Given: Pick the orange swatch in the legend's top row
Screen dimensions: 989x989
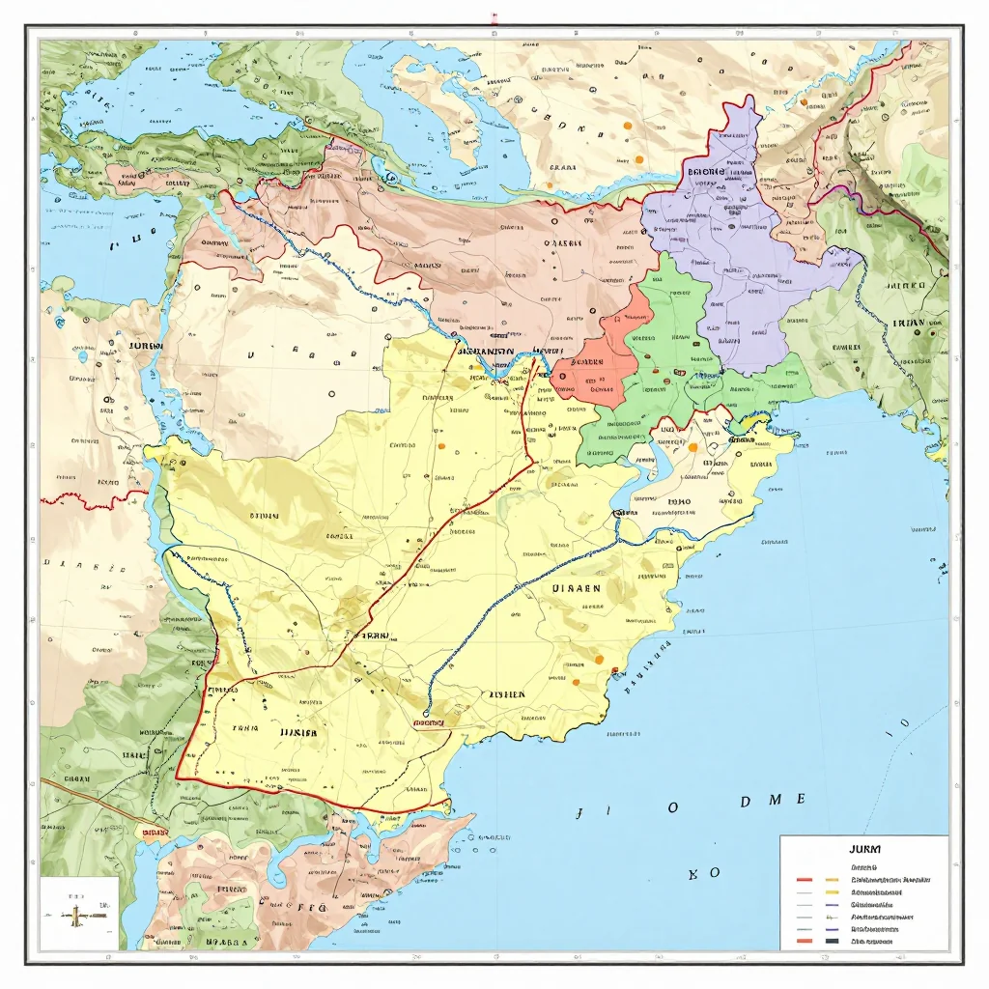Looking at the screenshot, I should (830, 880).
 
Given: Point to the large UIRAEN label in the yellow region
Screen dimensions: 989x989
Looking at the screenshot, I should (576, 587).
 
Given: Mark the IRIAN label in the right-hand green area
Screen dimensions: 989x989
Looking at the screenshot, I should (907, 324).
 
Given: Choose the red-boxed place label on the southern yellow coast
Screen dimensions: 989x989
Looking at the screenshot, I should (424, 721).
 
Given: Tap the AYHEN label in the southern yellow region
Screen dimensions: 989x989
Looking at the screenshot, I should (506, 694).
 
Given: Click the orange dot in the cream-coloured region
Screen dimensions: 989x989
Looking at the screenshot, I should (692, 447).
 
